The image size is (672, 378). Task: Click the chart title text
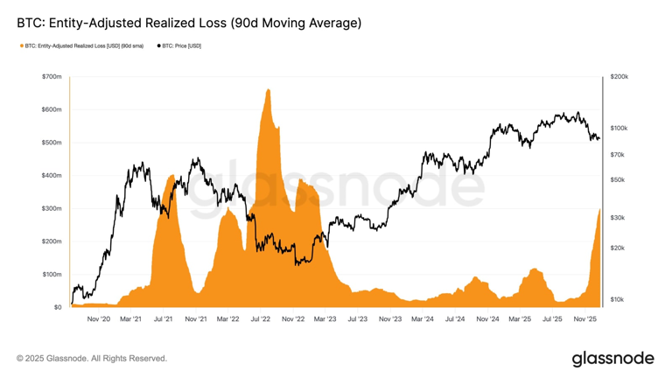(189, 23)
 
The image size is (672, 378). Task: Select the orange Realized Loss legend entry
(83, 45)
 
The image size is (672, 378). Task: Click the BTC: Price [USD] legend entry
(181, 45)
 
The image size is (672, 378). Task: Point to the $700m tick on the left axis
(52, 77)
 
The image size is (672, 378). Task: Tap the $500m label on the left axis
(52, 143)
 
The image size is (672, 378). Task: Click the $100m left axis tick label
(52, 275)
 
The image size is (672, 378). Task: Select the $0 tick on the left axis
(57, 307)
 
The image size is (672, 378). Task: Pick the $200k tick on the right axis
(619, 77)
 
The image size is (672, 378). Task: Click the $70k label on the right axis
(617, 155)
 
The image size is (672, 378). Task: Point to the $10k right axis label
(617, 299)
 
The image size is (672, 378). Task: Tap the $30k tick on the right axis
(617, 217)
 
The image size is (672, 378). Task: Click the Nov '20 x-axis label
(99, 319)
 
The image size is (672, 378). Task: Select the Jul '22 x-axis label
(260, 319)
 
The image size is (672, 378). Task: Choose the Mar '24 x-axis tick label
(422, 319)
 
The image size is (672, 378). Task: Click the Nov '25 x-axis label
(584, 319)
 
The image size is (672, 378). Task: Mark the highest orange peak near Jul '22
(267, 89)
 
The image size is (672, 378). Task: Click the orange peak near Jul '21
(171, 177)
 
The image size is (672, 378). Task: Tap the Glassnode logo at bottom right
(612, 359)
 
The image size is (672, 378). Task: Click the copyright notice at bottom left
(92, 359)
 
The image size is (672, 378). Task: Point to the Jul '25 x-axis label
(552, 319)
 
